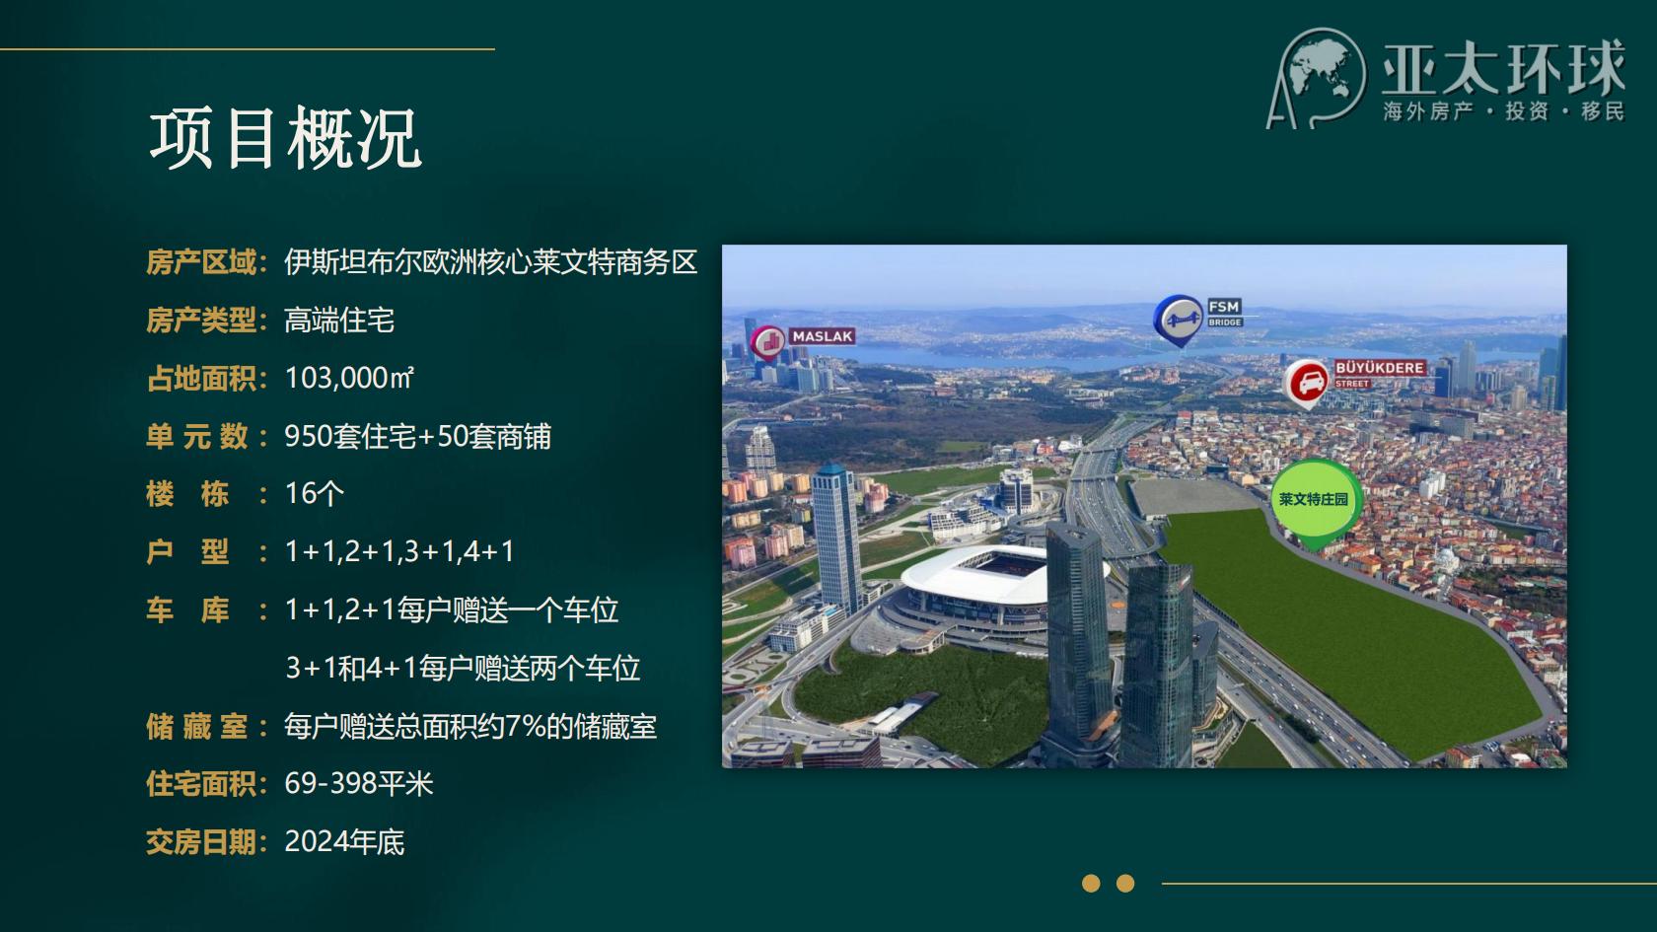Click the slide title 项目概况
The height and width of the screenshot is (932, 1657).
(x=286, y=138)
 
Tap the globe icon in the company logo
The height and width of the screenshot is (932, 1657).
(x=1324, y=74)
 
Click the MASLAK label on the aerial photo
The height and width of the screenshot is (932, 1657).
(x=822, y=336)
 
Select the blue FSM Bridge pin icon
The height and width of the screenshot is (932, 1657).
(x=1179, y=321)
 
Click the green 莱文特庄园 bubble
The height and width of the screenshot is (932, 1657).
(x=1314, y=501)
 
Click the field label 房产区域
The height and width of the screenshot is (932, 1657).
(x=201, y=262)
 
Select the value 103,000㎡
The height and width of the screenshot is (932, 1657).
(x=349, y=378)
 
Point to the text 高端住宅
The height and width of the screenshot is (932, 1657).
(x=339, y=321)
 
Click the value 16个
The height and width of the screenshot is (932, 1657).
(x=315, y=493)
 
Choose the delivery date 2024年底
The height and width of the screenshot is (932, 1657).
(x=345, y=842)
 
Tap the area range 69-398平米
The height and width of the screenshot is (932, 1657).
(x=359, y=784)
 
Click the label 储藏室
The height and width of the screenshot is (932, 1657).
(x=197, y=726)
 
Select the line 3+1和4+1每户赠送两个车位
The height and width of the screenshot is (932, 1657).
(x=464, y=668)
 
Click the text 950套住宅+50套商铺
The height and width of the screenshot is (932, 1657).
(x=418, y=436)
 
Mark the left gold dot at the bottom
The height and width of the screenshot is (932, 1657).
(x=1091, y=884)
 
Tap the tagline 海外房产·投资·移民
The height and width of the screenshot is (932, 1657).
(x=1504, y=111)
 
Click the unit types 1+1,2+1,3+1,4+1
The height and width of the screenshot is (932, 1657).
(x=399, y=552)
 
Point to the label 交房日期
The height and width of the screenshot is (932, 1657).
(x=201, y=842)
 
